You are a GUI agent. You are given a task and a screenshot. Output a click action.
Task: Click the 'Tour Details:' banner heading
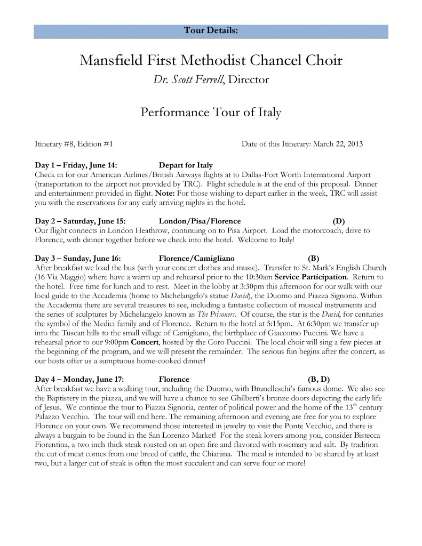[211, 30]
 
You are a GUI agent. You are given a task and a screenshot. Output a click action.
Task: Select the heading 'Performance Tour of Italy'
[211, 113]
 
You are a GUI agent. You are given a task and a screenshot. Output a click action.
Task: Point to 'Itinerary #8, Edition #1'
[74, 144]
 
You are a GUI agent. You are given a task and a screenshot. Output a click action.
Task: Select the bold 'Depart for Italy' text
[186, 165]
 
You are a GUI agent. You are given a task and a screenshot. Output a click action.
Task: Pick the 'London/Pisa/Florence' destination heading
[200, 221]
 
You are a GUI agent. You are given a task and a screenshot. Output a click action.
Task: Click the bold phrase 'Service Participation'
[309, 277]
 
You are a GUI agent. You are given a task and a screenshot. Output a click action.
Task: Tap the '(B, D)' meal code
[319, 379]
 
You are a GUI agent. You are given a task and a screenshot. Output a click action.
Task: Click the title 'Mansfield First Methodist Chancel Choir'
[211, 60]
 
